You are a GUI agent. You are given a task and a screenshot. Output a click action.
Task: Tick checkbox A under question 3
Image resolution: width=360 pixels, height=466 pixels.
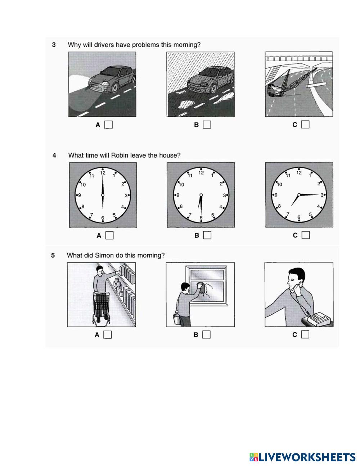pyautogui.click(x=108, y=125)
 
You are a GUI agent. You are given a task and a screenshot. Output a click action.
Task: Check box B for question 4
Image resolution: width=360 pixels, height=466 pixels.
pyautogui.click(x=207, y=235)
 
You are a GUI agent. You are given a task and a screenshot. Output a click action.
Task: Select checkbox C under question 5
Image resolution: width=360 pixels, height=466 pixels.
pyautogui.click(x=305, y=334)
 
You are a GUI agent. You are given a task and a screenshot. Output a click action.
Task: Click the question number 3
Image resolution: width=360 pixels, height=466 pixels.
pyautogui.click(x=54, y=45)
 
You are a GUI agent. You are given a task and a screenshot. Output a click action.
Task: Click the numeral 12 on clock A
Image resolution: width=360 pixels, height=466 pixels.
pyautogui.click(x=103, y=173)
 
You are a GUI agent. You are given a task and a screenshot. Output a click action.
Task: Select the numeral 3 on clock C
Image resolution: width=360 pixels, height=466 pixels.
pyautogui.click(x=322, y=195)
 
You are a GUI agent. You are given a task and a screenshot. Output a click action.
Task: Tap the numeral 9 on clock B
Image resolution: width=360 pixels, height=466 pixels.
pyautogui.click(x=178, y=195)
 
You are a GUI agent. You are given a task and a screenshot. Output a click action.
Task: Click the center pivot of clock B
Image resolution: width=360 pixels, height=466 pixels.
pyautogui.click(x=201, y=195)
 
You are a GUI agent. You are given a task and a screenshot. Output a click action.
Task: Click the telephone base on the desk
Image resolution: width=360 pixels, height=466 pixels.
pyautogui.click(x=319, y=319)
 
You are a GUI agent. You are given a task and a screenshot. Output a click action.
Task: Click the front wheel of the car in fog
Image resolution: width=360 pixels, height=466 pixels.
pyautogui.click(x=115, y=87)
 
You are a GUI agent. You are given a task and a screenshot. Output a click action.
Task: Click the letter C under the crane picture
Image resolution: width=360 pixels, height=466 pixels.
pyautogui.click(x=295, y=125)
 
